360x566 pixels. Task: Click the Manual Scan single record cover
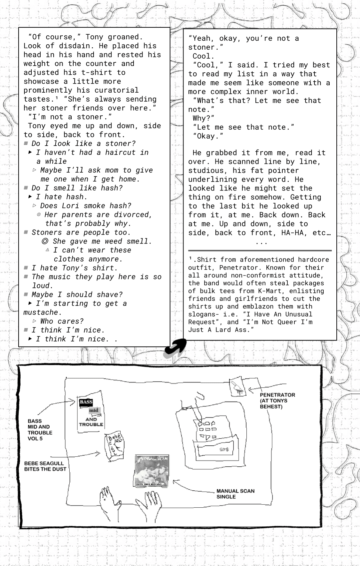(x=151, y=471)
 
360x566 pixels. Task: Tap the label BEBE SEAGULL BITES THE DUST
(x=45, y=466)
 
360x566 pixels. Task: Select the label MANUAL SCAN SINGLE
(x=235, y=494)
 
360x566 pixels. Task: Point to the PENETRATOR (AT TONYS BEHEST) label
(x=277, y=401)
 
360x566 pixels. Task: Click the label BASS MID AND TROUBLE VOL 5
(x=40, y=430)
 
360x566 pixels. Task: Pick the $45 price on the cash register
(x=224, y=449)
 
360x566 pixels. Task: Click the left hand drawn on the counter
(x=109, y=503)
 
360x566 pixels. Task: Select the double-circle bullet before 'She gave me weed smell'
(x=45, y=241)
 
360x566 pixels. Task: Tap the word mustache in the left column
(x=41, y=312)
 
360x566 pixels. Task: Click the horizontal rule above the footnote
(x=260, y=251)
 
